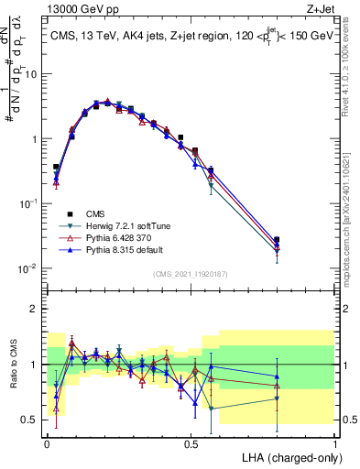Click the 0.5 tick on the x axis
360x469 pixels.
click(x=191, y=442)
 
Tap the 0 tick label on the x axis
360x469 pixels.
click(x=47, y=442)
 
